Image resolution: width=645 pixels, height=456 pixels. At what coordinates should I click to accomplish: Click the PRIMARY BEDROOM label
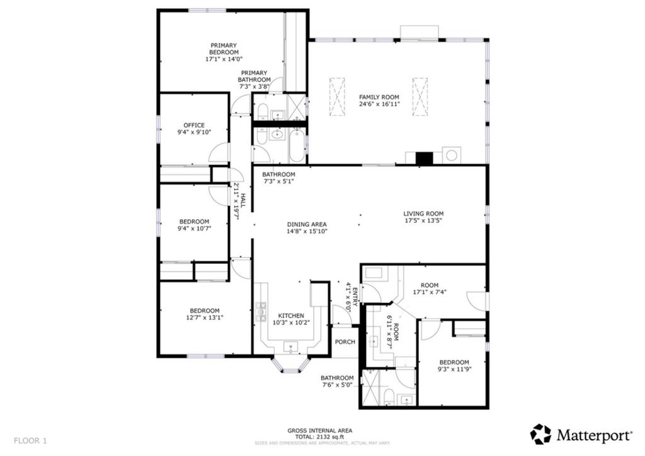[224, 49]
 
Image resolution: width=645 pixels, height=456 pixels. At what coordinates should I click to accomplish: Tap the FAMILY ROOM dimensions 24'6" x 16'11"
[379, 104]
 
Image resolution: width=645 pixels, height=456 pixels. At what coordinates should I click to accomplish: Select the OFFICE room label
[194, 125]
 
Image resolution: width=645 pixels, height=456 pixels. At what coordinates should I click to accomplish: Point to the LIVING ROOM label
[423, 214]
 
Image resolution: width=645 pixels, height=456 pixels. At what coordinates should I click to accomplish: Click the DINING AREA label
[307, 224]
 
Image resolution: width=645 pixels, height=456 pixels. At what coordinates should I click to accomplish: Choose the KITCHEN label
[291, 316]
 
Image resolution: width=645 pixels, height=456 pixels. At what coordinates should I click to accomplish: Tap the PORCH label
[345, 342]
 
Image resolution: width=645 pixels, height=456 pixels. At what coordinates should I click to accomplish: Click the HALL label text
[243, 201]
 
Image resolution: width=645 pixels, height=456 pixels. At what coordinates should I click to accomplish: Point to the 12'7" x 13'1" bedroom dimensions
[205, 317]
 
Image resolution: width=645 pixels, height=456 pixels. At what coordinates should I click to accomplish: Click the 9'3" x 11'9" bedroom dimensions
[454, 369]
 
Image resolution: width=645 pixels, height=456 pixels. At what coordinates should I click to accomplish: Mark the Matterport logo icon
[540, 434]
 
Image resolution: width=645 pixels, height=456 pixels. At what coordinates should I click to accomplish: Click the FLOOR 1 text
[30, 441]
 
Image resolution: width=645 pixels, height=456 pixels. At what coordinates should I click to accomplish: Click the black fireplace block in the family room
[425, 159]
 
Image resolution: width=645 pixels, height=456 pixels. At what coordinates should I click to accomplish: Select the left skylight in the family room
[338, 96]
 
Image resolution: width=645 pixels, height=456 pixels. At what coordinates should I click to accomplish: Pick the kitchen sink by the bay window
[291, 346]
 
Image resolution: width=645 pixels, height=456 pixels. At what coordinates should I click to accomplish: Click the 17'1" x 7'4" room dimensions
[430, 292]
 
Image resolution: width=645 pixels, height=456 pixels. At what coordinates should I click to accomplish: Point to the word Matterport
[595, 435]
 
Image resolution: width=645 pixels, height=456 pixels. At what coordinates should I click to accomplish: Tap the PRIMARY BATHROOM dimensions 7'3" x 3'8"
[254, 87]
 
